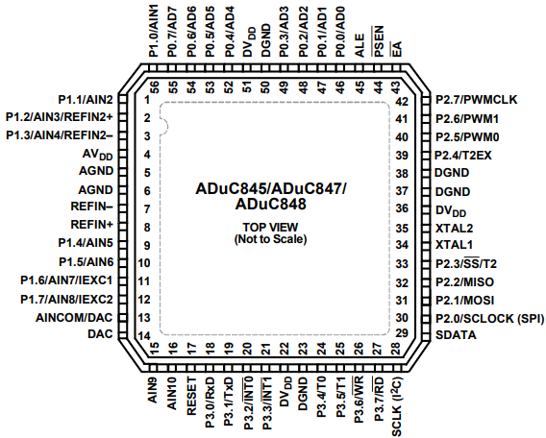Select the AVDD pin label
pos(99,154)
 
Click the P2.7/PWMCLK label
pos(477,99)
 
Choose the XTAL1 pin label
pos(454,244)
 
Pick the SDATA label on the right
pos(456,334)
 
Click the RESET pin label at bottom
pos(191,396)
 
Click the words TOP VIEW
pos(269,227)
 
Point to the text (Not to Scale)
pos(269,239)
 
